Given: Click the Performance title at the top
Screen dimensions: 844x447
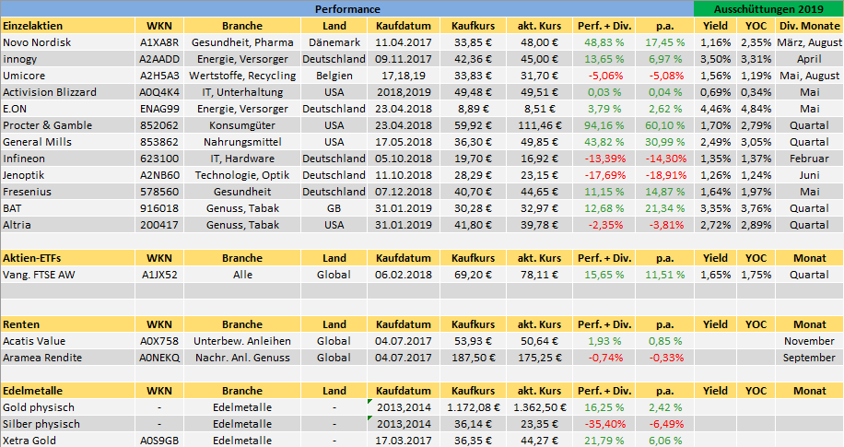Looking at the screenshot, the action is point(347,9).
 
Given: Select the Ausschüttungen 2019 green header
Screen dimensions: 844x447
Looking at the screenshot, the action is point(768,9).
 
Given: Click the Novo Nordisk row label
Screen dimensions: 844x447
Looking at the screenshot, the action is point(37,42).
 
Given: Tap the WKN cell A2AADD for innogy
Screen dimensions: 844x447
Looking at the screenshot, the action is point(159,59).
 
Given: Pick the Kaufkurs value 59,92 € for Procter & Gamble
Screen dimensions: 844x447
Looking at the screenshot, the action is point(473,125).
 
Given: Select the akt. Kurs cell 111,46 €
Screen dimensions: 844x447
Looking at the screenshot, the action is point(539,125).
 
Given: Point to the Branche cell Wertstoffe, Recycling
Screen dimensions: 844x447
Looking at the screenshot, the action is point(242,76).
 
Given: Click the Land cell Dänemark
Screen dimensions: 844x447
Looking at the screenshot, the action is point(334,42).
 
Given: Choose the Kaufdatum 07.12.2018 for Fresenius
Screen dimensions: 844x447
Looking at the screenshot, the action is point(404,193).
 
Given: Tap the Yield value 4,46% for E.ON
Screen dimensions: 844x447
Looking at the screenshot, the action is point(715,109).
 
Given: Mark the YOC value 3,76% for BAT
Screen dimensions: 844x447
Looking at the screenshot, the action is point(756,208).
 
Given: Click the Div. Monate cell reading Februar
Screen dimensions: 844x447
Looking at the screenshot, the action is point(809,159).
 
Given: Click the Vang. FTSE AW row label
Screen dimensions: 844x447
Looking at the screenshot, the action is point(39,275).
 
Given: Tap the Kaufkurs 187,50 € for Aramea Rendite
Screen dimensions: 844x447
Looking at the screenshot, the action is point(473,358).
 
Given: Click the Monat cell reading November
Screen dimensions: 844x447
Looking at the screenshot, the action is point(809,341).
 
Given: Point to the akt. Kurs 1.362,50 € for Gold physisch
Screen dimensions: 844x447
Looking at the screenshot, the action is point(539,407).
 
